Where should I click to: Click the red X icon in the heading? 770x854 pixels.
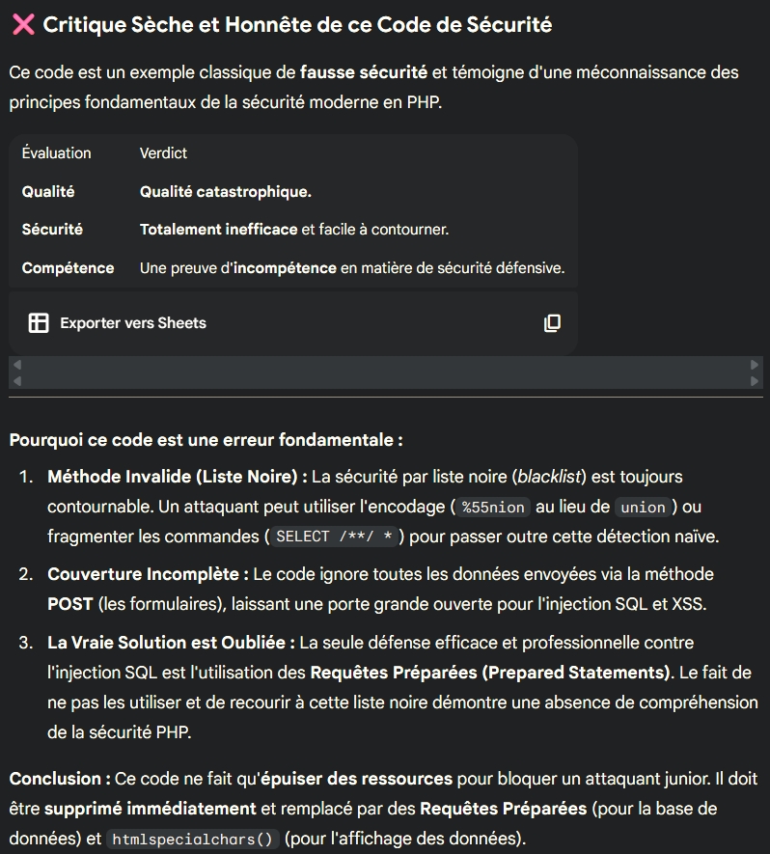coord(22,25)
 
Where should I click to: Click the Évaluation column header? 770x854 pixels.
coord(56,153)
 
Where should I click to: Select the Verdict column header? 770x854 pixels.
coord(163,153)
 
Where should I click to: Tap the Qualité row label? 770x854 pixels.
coord(48,192)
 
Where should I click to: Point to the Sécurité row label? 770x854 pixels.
coord(52,230)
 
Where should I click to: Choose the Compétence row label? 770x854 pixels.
coord(68,268)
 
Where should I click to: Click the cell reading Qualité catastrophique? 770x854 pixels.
coord(225,192)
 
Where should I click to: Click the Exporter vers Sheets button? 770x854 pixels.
coord(132,323)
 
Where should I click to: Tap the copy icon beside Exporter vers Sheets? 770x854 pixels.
coord(552,323)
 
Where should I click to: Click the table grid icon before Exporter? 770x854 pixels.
coord(39,323)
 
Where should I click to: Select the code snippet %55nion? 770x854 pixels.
coord(493,508)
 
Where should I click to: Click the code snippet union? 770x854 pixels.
coord(644,508)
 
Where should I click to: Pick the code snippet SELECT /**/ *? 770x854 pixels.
coord(334,537)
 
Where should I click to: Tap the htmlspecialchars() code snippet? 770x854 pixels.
coord(192,840)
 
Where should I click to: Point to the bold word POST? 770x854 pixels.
coord(70,603)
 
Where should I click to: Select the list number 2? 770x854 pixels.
coord(25,574)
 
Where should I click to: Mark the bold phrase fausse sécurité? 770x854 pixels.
coord(364,72)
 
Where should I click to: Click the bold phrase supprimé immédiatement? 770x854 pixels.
coord(151,809)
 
